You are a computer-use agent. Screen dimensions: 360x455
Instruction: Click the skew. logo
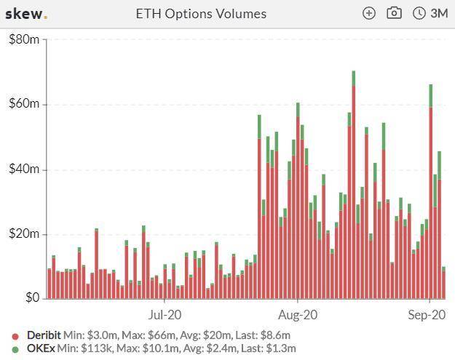point(26,14)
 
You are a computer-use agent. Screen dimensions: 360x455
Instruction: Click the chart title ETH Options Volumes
point(201,14)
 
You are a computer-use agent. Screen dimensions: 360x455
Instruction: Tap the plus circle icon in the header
point(369,13)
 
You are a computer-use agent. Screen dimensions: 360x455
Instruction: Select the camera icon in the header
point(394,13)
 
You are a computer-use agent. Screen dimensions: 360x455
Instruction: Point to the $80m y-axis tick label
point(24,39)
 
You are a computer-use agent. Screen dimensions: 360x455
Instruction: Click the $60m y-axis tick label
point(24,104)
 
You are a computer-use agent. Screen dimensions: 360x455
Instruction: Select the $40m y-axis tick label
point(24,169)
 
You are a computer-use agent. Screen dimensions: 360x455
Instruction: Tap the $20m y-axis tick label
point(24,234)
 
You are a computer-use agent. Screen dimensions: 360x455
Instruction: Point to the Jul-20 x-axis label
point(165,315)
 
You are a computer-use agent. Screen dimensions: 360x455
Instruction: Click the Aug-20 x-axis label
point(298,315)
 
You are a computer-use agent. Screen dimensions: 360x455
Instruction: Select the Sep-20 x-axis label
point(427,315)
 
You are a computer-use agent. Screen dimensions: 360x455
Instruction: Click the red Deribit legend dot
point(15,336)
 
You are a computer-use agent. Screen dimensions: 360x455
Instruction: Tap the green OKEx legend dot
point(15,349)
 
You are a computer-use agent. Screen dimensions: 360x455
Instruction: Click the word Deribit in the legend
point(44,335)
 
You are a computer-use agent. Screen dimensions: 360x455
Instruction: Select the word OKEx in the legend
point(41,348)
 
